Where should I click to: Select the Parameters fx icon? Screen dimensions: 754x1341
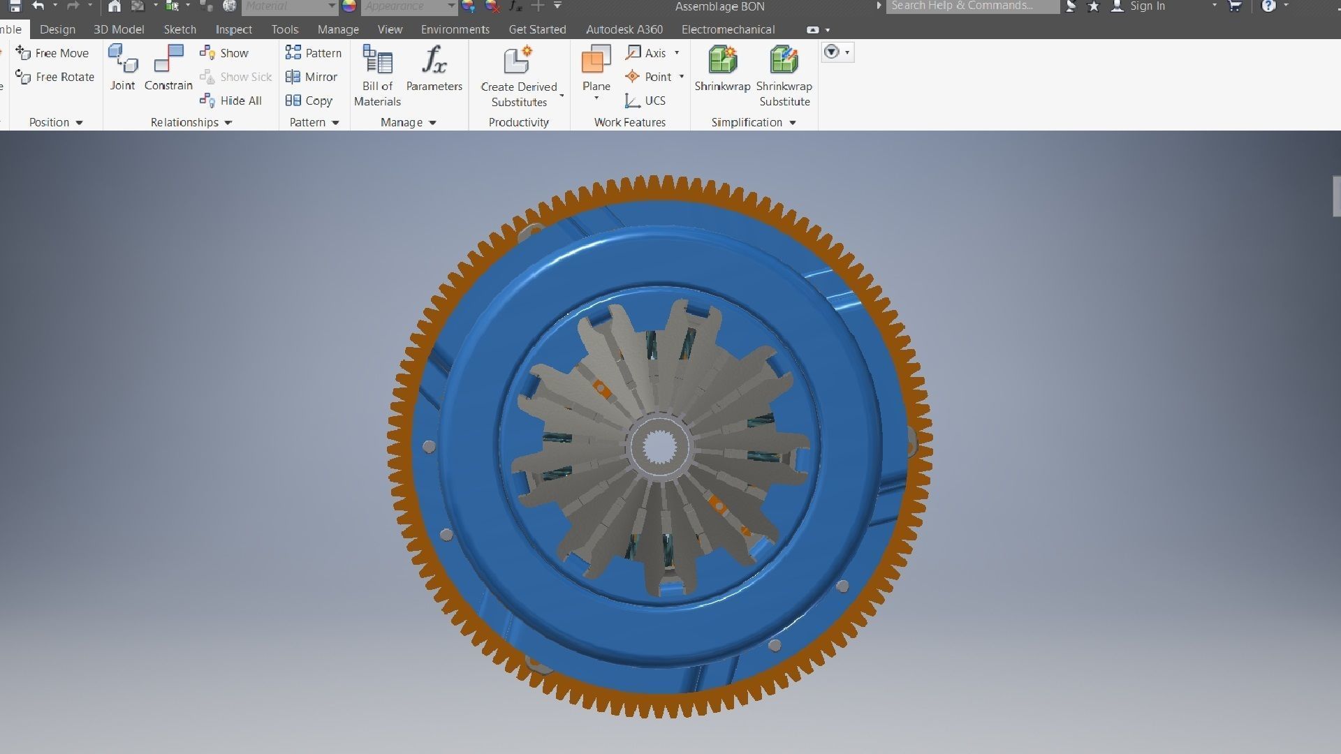click(x=434, y=61)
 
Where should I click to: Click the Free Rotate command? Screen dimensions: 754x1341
click(x=55, y=77)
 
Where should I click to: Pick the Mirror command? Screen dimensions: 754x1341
click(x=312, y=77)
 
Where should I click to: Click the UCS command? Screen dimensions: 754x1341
click(x=645, y=101)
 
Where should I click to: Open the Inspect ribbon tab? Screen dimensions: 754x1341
click(x=233, y=29)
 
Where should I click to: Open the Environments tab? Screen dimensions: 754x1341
click(x=455, y=29)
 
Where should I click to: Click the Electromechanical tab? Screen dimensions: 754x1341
click(x=728, y=29)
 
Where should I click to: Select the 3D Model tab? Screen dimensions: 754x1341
click(x=119, y=29)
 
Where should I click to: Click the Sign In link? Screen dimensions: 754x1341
click(x=1147, y=6)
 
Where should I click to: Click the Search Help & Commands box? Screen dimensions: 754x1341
click(x=972, y=6)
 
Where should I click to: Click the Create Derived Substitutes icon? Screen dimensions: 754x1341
click(x=518, y=61)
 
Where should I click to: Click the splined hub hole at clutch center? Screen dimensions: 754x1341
click(x=659, y=447)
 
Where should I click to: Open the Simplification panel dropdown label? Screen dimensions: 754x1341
click(x=753, y=122)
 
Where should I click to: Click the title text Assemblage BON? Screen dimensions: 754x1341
click(x=719, y=6)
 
